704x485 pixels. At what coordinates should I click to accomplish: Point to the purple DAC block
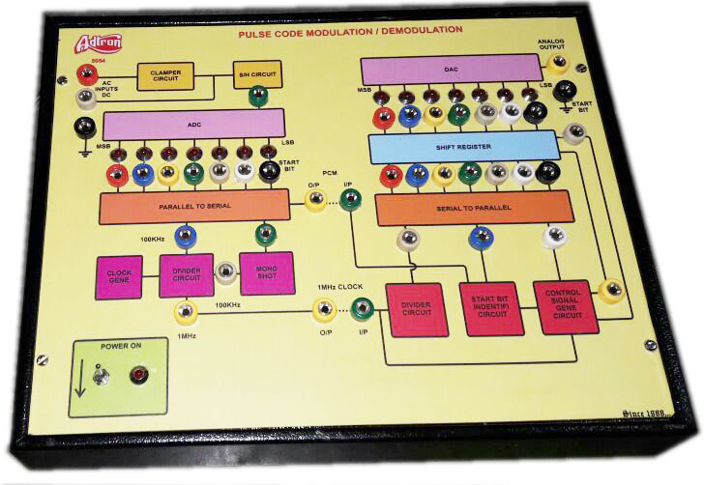click(451, 70)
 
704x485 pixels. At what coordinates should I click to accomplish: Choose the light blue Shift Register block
click(464, 146)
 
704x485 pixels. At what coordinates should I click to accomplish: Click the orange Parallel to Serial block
click(194, 205)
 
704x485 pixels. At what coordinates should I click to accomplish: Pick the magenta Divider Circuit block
click(186, 274)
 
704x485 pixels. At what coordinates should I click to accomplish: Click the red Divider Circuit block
click(418, 308)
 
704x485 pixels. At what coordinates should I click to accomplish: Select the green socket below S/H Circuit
click(257, 96)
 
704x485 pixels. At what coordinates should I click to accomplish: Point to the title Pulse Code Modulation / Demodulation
click(350, 31)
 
